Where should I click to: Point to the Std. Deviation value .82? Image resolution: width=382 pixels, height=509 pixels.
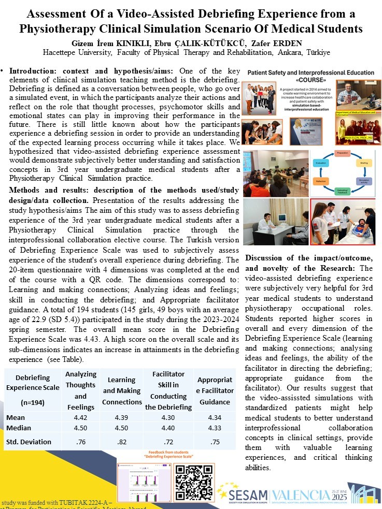pos(121,442)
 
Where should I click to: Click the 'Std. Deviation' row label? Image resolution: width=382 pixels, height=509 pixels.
pos(29,442)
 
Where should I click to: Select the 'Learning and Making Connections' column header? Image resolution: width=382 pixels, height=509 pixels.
pos(121,391)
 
